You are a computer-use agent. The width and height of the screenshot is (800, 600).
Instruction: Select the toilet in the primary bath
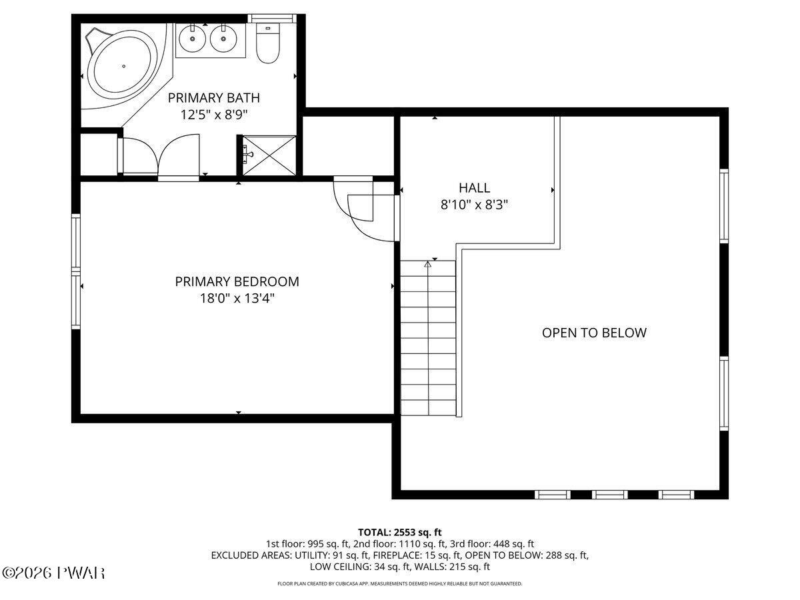tap(268, 44)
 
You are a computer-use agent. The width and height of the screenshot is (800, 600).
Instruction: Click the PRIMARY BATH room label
tap(213, 98)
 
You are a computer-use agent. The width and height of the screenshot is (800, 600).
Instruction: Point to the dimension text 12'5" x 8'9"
tap(213, 115)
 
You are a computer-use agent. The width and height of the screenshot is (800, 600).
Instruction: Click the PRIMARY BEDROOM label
tap(237, 281)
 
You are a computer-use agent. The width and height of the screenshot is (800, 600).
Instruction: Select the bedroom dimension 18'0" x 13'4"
tap(237, 299)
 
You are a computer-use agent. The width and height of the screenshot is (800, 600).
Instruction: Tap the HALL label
tap(474, 188)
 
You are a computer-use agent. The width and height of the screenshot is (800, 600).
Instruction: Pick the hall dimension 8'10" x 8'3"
tap(474, 205)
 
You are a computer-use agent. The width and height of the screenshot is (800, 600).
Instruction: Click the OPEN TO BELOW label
tap(593, 333)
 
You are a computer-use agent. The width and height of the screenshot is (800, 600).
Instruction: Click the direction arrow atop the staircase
tap(428, 265)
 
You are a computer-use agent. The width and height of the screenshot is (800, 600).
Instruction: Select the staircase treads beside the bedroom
tap(428, 340)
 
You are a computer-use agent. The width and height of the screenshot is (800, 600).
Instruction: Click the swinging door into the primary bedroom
tap(363, 210)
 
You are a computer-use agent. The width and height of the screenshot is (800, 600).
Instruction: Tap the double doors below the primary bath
tap(159, 155)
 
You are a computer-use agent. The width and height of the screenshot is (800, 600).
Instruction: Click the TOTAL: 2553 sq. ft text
tap(400, 532)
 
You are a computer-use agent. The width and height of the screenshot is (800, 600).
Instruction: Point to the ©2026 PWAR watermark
tap(53, 573)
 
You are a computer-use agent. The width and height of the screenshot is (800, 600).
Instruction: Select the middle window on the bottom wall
tap(609, 495)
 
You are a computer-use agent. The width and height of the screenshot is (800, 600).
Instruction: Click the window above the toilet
tap(272, 18)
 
